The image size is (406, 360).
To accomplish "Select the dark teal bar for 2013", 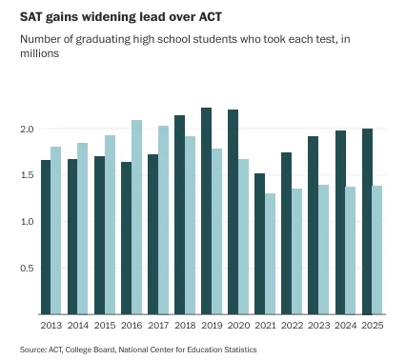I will [46, 237].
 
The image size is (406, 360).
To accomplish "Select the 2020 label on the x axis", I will [238, 325].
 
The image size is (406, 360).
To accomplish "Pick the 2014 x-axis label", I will [78, 325].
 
